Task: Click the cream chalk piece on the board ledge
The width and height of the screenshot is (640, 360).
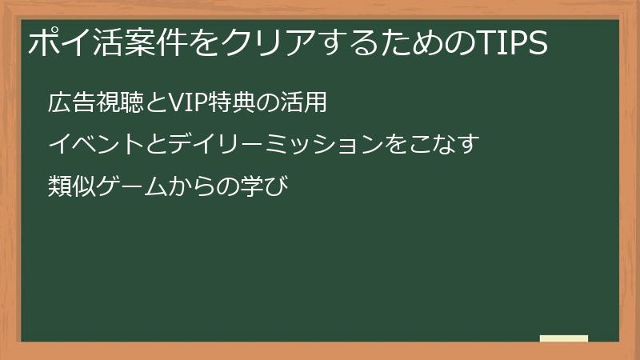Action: coord(563,338)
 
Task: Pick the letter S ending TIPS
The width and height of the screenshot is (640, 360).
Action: coord(538,43)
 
